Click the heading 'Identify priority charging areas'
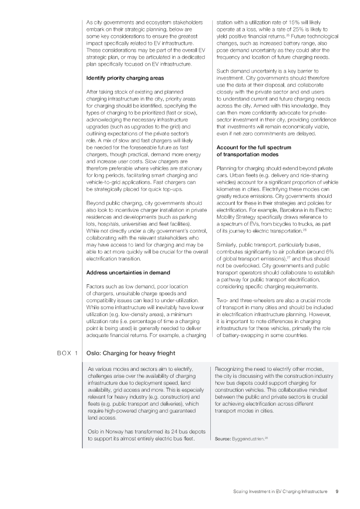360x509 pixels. pos(125,78)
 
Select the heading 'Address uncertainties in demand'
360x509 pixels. pos(128,272)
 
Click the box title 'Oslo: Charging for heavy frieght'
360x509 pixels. pos(132,354)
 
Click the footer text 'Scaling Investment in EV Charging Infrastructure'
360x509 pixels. pos(280,492)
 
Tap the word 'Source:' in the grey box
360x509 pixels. pos(223,438)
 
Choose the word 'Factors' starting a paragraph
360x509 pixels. pos(96,286)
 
